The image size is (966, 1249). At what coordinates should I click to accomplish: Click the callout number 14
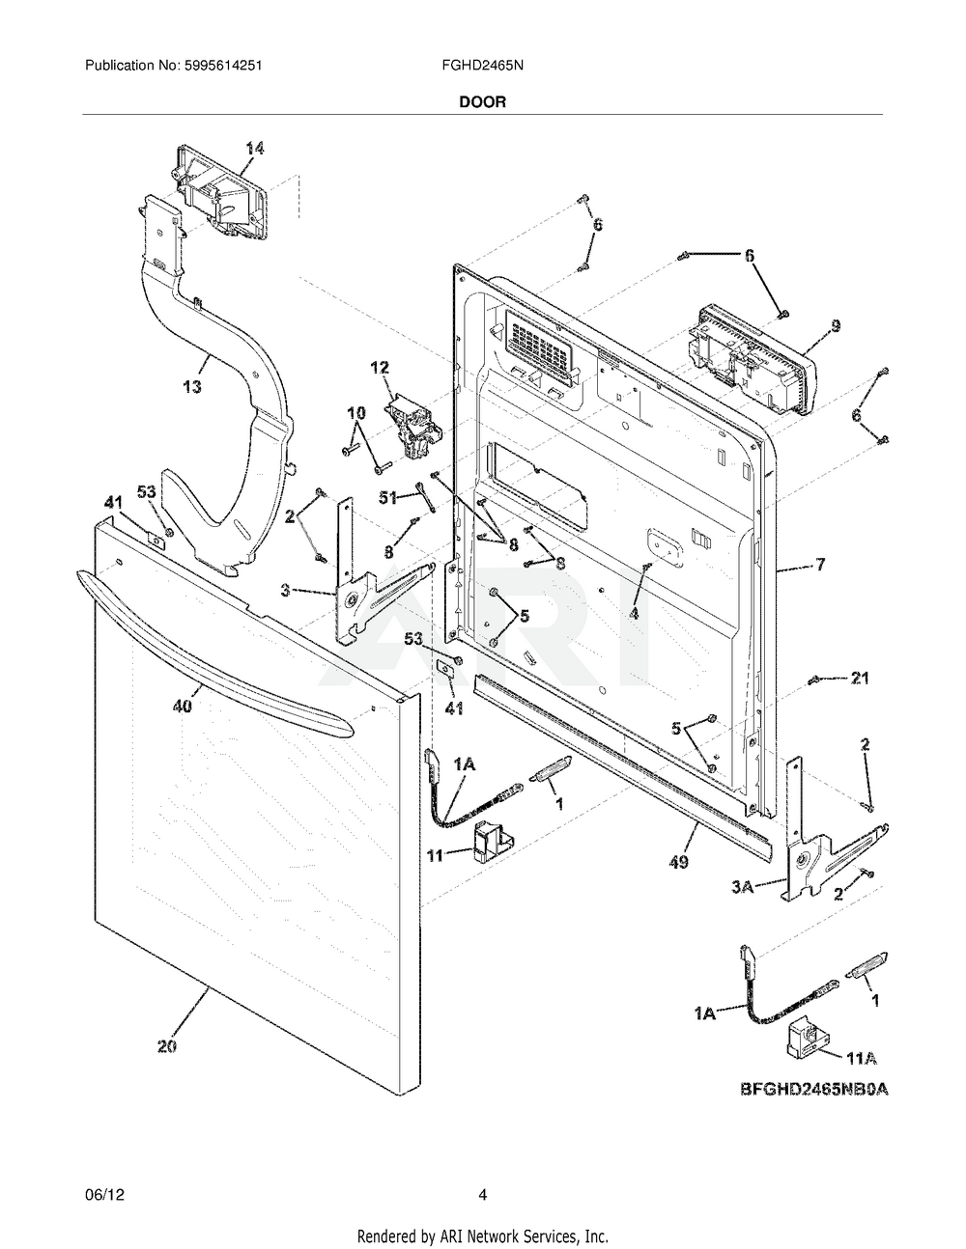[254, 148]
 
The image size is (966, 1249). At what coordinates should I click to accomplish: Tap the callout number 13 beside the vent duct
[192, 387]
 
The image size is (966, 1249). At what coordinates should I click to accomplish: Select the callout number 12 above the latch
[380, 367]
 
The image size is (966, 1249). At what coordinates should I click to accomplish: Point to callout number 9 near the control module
[836, 326]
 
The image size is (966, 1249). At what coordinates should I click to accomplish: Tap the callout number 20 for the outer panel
[166, 1046]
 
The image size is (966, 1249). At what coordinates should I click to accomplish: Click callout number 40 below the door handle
[183, 706]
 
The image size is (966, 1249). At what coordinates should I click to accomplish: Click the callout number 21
[859, 679]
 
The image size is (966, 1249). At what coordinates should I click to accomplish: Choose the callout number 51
[388, 499]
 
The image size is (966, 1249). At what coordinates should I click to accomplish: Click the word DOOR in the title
[482, 101]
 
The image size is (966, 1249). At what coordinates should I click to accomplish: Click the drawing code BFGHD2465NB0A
[813, 1090]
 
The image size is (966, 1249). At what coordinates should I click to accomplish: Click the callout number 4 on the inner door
[635, 613]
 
